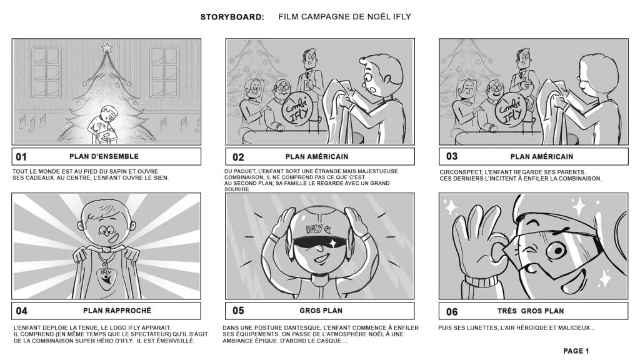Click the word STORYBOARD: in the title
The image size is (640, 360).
tap(232, 17)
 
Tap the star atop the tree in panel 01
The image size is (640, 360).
tap(107, 47)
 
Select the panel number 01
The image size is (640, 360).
tap(21, 157)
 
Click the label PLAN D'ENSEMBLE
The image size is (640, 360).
tap(104, 156)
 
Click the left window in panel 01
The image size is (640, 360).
tap(46, 72)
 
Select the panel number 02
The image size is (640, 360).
tap(238, 157)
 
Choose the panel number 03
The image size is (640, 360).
tap(452, 156)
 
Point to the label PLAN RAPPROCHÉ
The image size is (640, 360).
tap(117, 311)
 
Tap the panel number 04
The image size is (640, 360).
tap(22, 311)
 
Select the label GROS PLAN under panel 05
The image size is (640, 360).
tap(321, 311)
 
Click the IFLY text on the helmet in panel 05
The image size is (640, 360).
tap(316, 229)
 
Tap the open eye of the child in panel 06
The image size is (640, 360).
tap(556, 250)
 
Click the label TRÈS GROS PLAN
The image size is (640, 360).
tap(531, 311)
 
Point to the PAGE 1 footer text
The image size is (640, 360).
tap(576, 351)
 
